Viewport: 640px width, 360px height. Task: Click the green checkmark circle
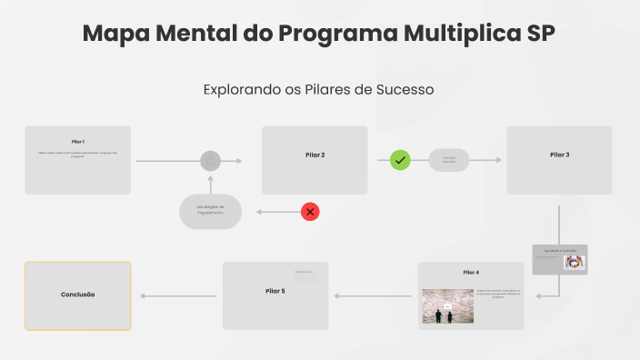pos(401,160)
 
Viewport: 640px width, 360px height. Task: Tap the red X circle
pos(310,212)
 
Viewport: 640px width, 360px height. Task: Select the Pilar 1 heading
pos(78,142)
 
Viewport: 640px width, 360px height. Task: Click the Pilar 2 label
pos(315,155)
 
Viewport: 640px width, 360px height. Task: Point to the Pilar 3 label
pos(560,155)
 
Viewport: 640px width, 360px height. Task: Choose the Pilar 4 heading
pos(471,273)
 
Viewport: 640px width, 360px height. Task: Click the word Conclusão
pos(78,295)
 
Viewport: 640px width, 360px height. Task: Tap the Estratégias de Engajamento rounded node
pos(210,211)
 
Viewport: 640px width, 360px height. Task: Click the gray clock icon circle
pos(210,161)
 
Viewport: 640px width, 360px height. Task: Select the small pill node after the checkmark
pos(449,160)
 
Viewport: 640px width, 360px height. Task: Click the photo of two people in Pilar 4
pos(447,306)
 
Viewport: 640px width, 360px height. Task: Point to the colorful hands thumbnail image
pos(574,262)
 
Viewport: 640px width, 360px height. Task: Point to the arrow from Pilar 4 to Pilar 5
pos(373,295)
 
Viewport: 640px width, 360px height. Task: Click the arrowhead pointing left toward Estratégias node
pos(260,212)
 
